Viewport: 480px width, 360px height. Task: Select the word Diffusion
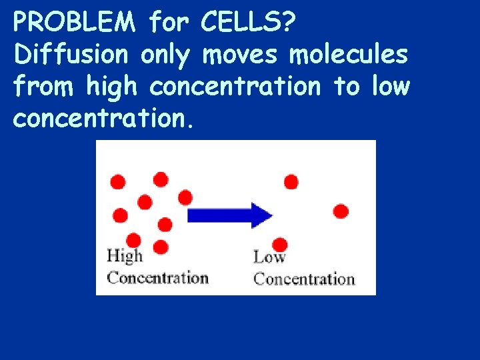70,54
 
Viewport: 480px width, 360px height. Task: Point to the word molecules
348,54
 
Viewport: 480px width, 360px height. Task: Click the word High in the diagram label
125,256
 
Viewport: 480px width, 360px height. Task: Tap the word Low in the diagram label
269,257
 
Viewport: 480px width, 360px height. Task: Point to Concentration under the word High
157,277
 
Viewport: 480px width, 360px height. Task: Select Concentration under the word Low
304,278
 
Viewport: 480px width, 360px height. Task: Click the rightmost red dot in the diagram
341,211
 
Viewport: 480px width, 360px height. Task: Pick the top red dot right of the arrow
291,181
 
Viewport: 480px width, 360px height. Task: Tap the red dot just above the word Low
280,244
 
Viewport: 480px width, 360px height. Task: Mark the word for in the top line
169,23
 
